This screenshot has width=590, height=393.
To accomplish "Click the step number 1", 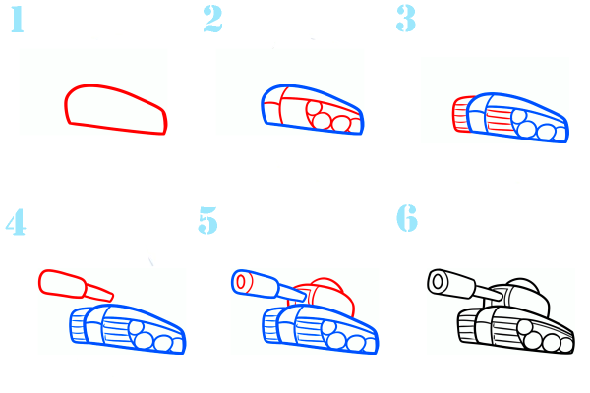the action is pos(18,20).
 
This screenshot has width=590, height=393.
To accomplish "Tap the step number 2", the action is pos(212,19).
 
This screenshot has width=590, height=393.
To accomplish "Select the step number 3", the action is pos(406,19).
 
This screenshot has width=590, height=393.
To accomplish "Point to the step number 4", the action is pos(16,223).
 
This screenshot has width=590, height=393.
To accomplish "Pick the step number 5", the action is pos(208,220).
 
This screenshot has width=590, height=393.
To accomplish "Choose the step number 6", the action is pos(407,218).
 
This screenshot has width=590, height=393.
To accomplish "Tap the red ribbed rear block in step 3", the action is pos(461,114).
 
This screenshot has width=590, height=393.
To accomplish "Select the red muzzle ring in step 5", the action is pos(241,282).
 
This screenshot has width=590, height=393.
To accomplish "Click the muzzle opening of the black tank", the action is pos(438,281).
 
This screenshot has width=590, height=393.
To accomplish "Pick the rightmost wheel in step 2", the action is pos(341,124).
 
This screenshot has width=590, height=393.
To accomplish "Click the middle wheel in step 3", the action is pos(526,130).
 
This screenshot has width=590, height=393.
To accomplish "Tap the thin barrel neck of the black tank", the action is pos(489,293).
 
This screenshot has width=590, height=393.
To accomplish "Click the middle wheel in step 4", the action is pos(144,342).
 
